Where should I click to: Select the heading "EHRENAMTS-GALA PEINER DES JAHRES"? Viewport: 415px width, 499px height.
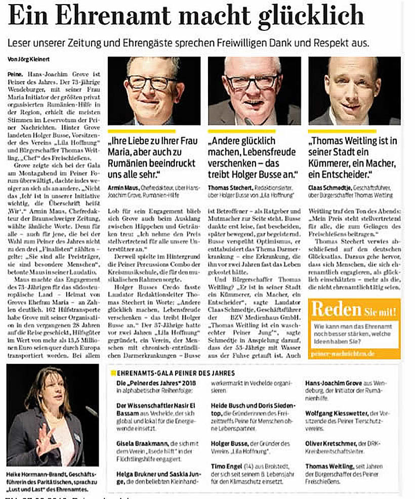tap(172, 373)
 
